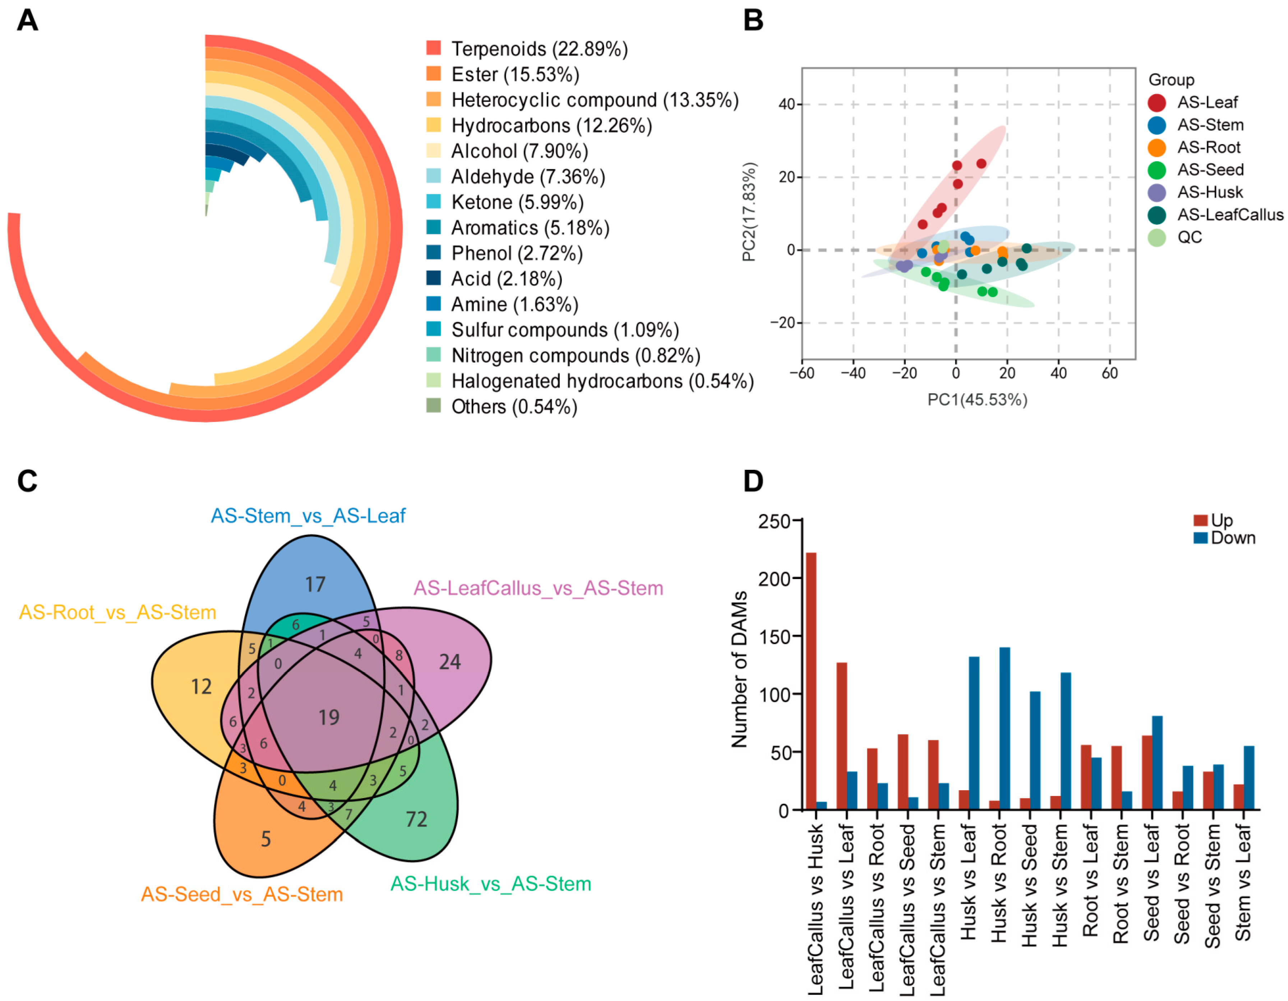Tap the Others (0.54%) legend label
coord(514,407)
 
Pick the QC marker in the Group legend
coord(1157,237)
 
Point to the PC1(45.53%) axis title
coord(977,400)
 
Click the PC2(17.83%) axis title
coord(749,211)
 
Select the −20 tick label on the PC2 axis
coord(782,323)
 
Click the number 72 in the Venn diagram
coord(416,819)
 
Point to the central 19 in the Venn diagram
coord(329,718)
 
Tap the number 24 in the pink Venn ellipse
coord(450,662)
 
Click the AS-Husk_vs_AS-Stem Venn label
coord(491,884)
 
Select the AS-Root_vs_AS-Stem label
coord(117,612)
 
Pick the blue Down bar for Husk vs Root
coord(1004,729)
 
